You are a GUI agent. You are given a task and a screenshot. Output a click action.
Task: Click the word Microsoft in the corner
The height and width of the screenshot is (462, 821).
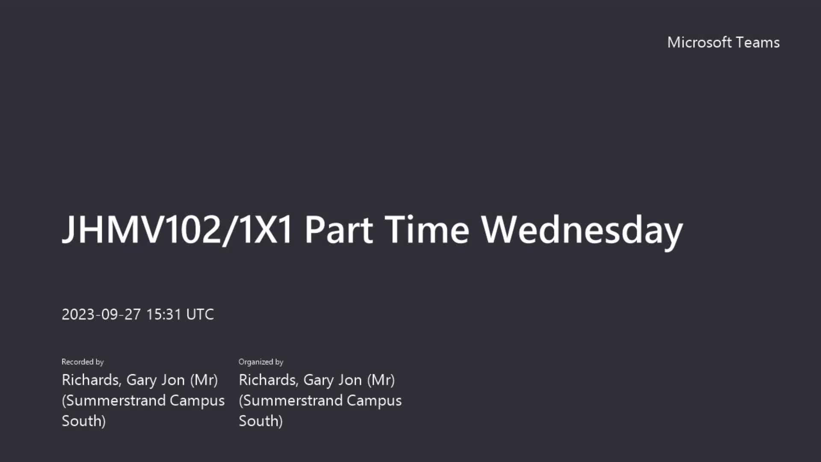700,42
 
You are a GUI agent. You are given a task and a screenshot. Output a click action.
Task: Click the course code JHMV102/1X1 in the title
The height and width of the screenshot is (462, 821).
177,230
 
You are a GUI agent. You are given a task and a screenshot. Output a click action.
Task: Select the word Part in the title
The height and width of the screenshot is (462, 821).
339,230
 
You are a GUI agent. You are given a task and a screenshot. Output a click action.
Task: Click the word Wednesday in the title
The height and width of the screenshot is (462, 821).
582,231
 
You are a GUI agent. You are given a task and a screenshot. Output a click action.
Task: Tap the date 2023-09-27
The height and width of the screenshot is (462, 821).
101,314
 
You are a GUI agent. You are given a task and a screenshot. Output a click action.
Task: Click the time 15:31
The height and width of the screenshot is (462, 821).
164,314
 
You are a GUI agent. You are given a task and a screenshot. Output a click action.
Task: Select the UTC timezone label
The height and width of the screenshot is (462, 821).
200,314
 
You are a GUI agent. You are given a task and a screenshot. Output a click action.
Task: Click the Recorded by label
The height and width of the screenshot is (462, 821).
83,362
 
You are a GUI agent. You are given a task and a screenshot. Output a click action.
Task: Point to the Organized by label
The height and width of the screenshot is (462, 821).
261,362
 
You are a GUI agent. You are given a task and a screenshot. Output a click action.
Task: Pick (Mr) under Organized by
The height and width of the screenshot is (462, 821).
381,380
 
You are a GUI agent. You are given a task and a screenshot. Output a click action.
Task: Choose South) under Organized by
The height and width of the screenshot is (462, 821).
261,421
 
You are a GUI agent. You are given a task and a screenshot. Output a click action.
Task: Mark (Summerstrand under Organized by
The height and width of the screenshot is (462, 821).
291,400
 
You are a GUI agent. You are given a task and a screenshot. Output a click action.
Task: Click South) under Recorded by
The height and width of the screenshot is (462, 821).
84,421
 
